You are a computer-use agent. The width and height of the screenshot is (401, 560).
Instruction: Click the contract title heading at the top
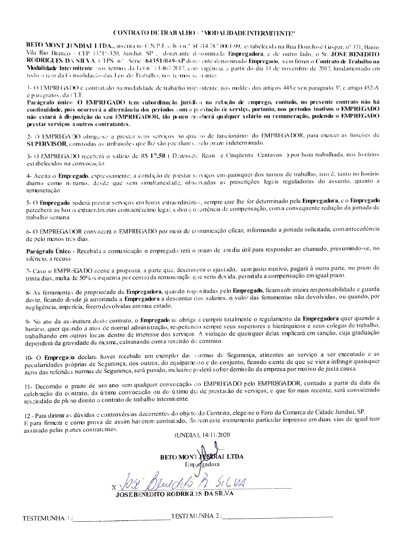pyautogui.click(x=200, y=33)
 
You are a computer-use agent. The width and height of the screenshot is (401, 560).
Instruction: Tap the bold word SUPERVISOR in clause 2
pyautogui.click(x=47, y=143)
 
